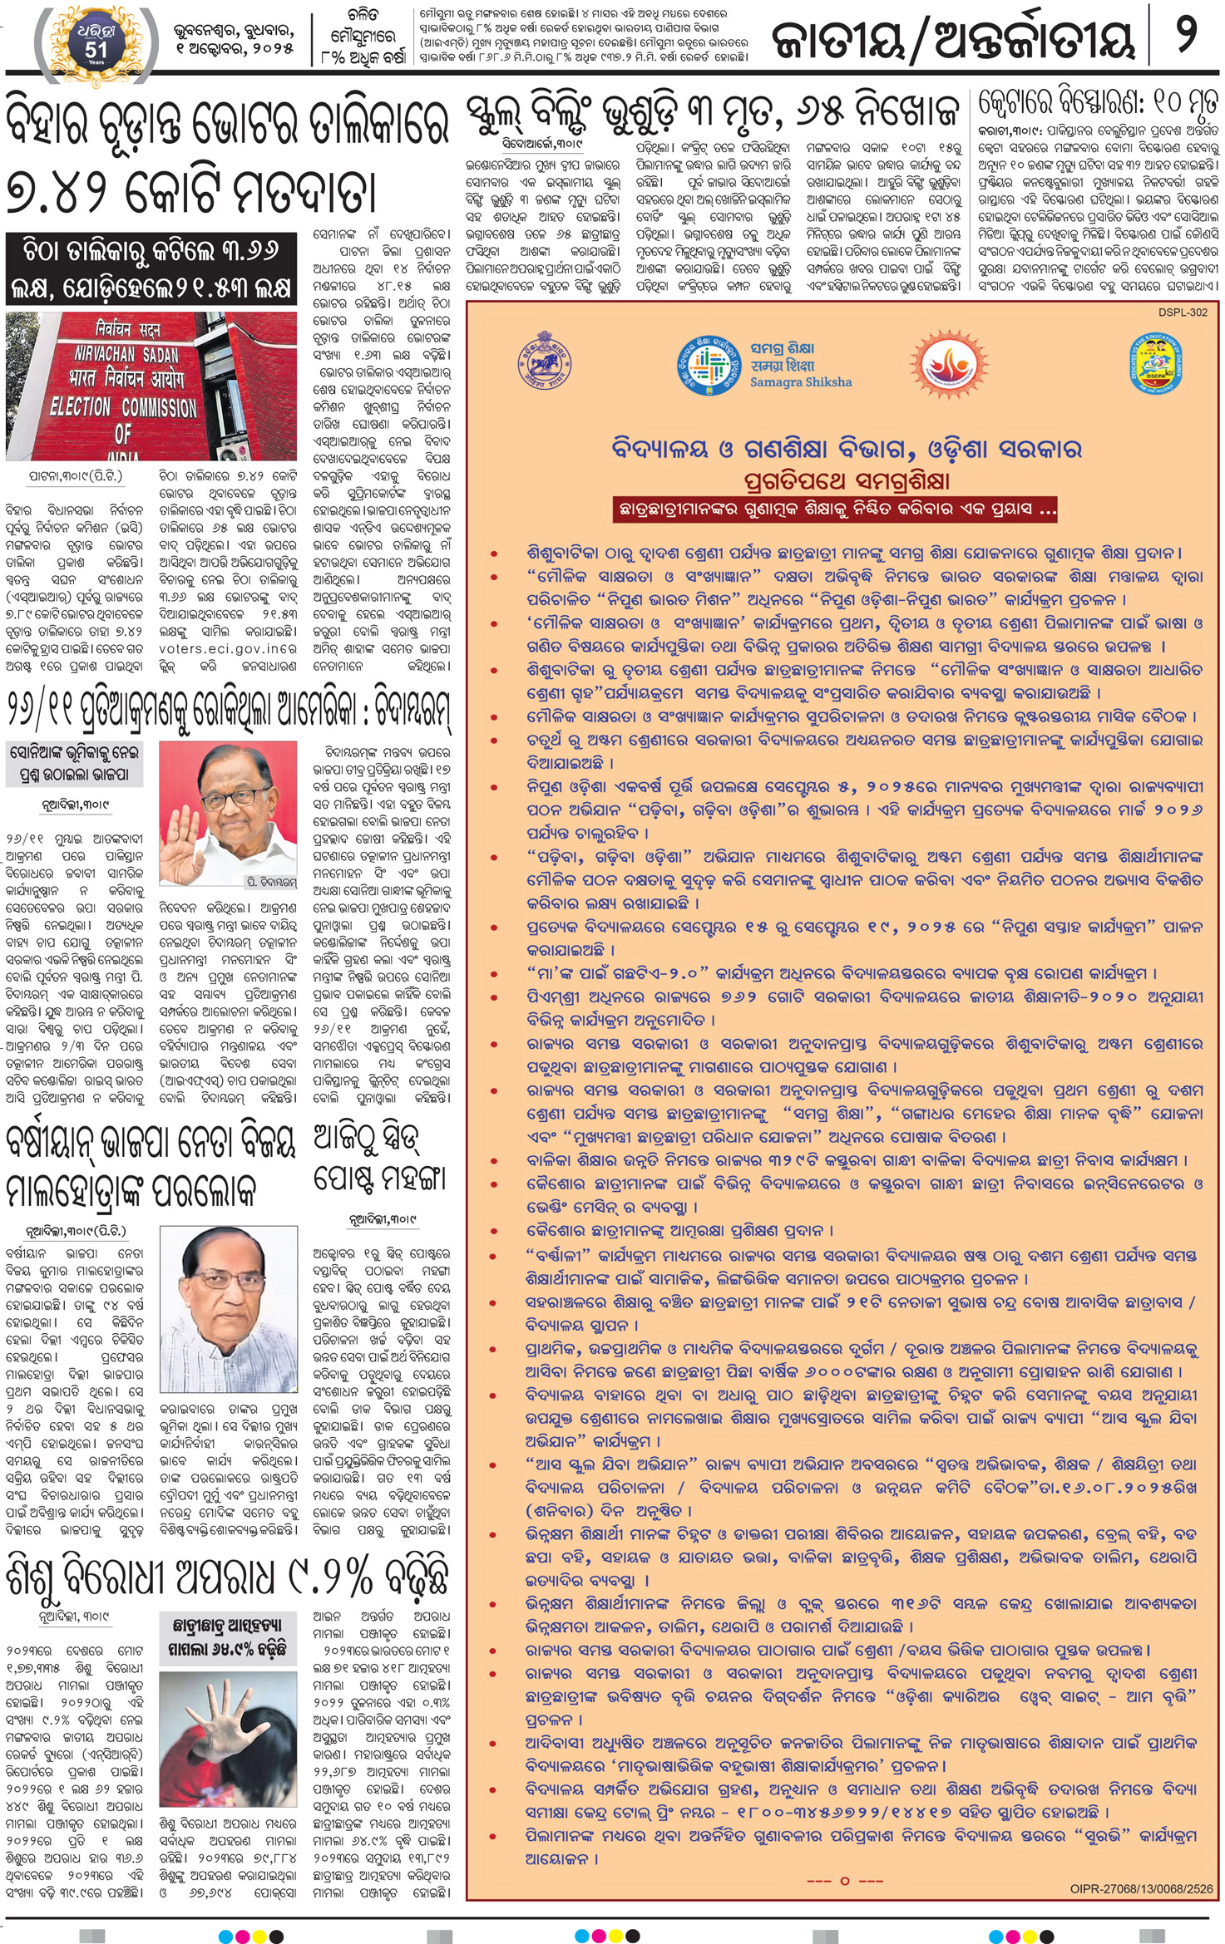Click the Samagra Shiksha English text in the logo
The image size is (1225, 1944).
click(x=800, y=382)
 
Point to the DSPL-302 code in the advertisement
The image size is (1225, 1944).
click(x=1182, y=313)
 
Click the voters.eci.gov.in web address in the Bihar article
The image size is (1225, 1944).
click(x=227, y=648)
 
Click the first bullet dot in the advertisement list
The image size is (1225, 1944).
click(x=494, y=553)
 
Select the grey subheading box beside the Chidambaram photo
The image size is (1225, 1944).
click(x=74, y=763)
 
